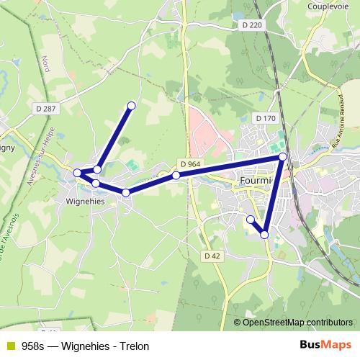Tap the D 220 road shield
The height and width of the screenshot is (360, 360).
[248, 25]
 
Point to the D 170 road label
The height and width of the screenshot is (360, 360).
[266, 118]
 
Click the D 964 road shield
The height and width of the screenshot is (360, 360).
[191, 164]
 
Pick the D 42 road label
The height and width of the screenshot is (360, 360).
[212, 256]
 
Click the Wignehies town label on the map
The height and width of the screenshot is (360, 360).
[86, 202]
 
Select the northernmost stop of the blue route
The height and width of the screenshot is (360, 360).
[131, 106]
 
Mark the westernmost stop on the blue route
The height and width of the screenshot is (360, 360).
[77, 173]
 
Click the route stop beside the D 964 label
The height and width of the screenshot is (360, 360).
[176, 175]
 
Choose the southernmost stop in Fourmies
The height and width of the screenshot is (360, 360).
[264, 235]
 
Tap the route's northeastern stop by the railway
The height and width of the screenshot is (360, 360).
[283, 156]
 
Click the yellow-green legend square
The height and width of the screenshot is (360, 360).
[9, 346]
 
